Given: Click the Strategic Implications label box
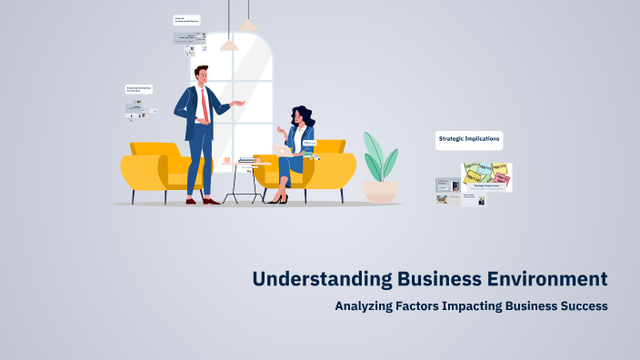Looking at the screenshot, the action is [469, 140].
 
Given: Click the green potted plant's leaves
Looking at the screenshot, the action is [379, 156].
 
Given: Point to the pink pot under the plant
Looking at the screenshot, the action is [380, 190].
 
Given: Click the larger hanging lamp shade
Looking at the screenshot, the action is [229, 45].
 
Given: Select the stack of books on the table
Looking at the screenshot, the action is [246, 160].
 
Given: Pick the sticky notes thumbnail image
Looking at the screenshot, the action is [486, 175].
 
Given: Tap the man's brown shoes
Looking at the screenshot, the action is [202, 201].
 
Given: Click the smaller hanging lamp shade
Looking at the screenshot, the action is [248, 25].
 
